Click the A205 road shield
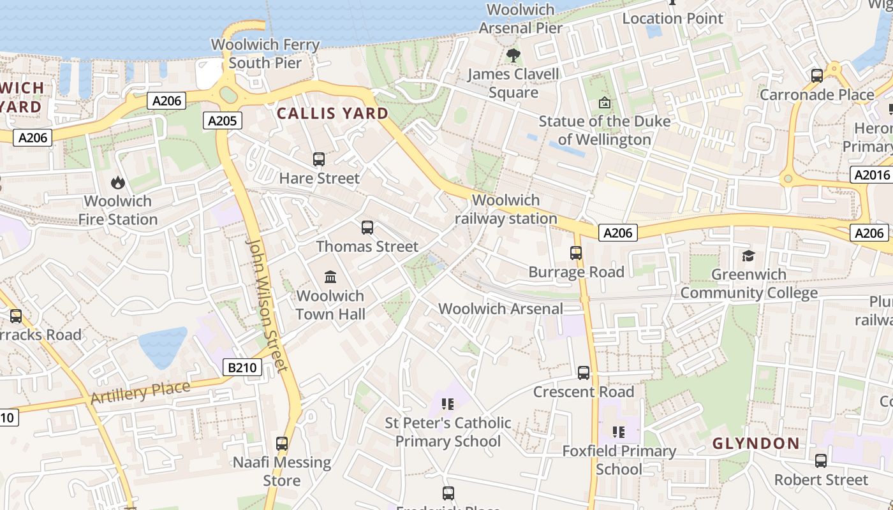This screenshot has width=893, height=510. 223,120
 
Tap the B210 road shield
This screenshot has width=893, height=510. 243,367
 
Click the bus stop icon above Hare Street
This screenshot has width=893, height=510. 319,159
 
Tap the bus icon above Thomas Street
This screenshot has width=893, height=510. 367,228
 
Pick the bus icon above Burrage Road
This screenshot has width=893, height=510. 576,253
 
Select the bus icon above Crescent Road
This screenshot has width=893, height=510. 584,373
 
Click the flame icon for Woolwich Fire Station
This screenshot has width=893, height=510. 118,183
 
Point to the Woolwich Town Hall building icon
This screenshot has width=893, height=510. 330,277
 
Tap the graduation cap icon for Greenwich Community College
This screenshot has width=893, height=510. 748,256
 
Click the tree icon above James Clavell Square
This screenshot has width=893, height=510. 513,55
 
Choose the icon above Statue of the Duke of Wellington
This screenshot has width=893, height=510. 605,103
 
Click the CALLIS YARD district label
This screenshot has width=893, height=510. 332,113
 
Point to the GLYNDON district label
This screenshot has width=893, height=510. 756,443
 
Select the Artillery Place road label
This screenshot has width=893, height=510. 140,392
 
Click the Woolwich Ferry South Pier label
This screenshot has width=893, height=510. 265,54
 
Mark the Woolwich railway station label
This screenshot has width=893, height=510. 506,209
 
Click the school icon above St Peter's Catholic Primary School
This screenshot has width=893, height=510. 447,404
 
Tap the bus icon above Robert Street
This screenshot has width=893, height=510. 821,461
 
